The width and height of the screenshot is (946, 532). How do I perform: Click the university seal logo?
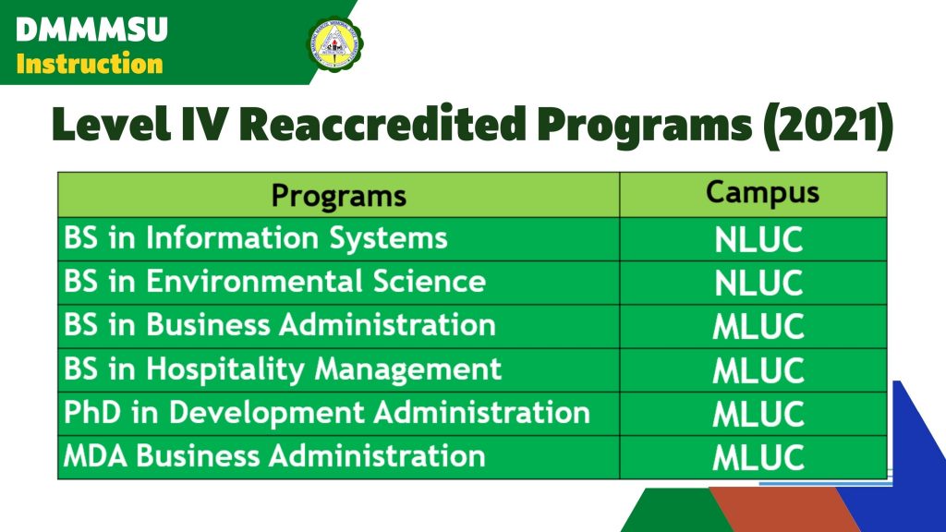334,43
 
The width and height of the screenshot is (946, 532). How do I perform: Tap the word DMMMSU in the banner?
91,30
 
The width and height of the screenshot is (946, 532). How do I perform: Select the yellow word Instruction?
90,64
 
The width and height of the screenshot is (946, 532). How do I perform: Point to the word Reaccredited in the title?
382,124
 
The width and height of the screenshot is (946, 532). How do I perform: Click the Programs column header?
338,196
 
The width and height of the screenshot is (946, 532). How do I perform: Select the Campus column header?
762,192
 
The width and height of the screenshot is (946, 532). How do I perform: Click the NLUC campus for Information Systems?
758,240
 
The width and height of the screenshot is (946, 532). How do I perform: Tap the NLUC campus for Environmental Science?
758,284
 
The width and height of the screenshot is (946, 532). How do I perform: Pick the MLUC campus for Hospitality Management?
758,370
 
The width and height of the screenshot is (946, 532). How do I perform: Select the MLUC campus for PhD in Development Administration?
758,415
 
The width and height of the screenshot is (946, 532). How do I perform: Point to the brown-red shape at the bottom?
784,510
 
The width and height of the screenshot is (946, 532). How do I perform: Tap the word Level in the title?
111,125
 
